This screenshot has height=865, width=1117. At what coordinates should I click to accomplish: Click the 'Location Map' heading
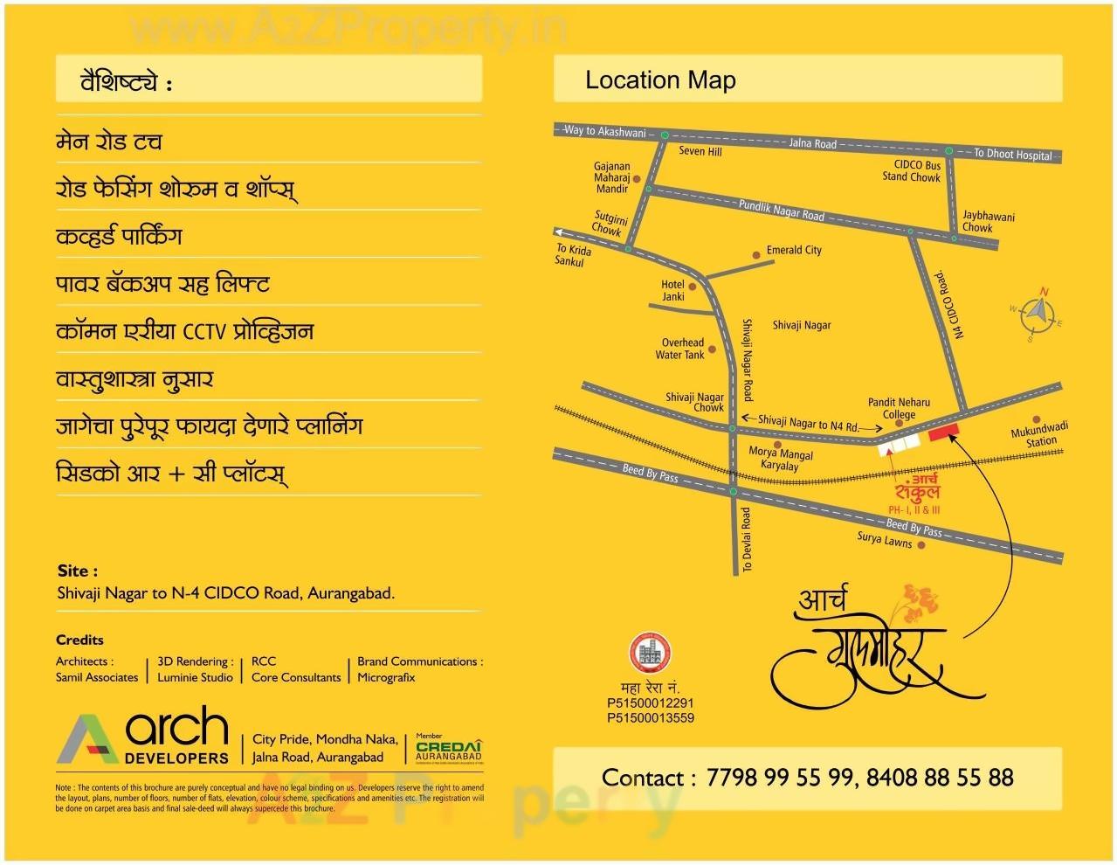click(660, 80)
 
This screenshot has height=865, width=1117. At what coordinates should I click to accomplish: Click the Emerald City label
click(794, 250)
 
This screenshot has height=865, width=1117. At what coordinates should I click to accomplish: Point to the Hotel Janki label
click(672, 290)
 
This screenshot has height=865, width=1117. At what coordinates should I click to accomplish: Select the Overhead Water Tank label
click(681, 349)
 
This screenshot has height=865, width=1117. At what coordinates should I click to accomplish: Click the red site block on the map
click(943, 431)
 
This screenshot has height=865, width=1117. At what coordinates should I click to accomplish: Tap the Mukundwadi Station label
click(1039, 435)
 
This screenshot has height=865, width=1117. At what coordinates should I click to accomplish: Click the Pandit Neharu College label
click(899, 408)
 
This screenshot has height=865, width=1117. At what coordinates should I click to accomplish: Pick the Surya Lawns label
click(884, 540)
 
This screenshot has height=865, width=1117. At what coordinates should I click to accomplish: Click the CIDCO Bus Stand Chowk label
click(912, 170)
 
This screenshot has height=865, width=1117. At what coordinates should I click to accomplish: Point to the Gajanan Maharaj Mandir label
click(612, 177)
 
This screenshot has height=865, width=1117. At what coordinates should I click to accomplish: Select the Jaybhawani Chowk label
click(987, 221)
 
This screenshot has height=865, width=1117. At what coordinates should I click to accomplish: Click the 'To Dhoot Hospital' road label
click(1013, 155)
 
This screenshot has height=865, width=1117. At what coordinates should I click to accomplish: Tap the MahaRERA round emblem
click(649, 654)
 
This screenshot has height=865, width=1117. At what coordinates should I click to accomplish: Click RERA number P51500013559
click(651, 717)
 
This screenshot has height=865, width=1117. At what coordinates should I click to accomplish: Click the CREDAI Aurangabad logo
click(448, 749)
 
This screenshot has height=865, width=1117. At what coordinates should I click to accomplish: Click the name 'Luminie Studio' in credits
click(195, 677)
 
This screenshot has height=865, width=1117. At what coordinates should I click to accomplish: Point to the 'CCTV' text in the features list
click(204, 332)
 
